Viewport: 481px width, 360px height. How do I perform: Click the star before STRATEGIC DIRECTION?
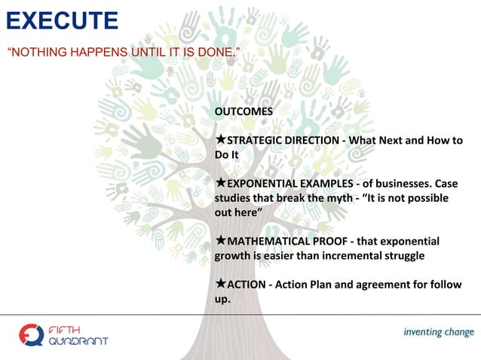click(221, 141)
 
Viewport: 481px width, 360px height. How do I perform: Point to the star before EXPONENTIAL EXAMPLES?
click(221, 184)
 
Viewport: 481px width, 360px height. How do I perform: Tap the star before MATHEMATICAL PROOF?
click(221, 241)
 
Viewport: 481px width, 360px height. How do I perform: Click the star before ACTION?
click(221, 284)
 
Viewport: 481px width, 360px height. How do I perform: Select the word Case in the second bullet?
click(446, 184)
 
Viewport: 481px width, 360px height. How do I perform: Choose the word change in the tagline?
click(460, 332)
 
